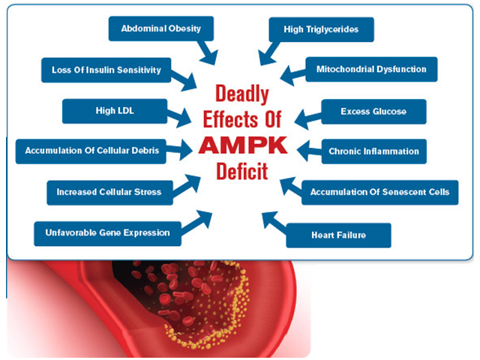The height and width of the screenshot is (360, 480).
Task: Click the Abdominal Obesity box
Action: point(161,28)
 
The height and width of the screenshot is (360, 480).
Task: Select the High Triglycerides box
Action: point(322,29)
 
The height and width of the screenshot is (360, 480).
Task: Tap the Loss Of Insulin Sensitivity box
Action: point(106,70)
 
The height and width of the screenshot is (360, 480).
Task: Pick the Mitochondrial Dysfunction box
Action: point(371,69)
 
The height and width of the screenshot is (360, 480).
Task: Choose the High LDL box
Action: point(115,111)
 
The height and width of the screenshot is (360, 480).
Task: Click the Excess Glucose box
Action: point(373,112)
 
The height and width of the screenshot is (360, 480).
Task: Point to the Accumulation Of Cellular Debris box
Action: point(91,151)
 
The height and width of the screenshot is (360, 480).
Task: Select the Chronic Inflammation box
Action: point(374,151)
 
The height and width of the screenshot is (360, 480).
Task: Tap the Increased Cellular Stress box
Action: point(109,193)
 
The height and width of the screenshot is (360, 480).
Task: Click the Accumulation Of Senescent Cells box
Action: point(380,192)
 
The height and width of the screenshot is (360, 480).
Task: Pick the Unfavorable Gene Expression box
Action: point(107,233)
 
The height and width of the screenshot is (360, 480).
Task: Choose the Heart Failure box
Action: point(338,235)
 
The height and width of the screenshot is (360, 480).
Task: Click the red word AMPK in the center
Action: point(243,145)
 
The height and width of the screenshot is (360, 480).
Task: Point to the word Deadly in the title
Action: point(242,94)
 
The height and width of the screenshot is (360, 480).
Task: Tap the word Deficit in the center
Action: point(242,172)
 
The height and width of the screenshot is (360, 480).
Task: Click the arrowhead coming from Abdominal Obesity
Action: point(210,57)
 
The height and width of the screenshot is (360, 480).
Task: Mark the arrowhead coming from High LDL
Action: point(183,118)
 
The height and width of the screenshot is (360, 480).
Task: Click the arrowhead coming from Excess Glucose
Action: point(302,119)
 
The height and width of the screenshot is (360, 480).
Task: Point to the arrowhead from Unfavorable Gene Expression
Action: point(203,218)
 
